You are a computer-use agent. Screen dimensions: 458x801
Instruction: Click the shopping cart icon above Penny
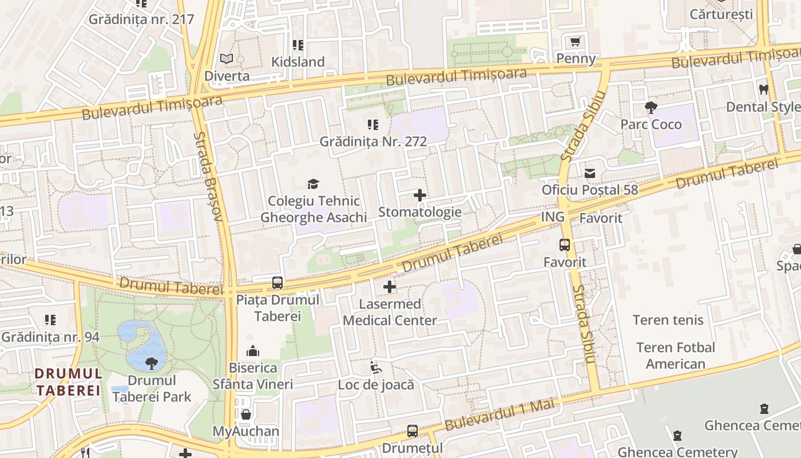coord(576,42)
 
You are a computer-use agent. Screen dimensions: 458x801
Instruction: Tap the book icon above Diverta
coord(227,59)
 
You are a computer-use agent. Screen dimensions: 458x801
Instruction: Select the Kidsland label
coord(298,62)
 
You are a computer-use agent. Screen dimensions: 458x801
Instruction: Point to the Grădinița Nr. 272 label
coord(373,141)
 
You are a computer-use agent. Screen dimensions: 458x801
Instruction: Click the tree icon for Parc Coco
coord(651,107)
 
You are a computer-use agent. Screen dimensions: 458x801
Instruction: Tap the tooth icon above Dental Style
coord(763,89)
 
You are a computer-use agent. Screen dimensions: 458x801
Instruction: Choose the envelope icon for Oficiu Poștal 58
coord(589,173)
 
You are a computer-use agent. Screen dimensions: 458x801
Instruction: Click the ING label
coord(552,217)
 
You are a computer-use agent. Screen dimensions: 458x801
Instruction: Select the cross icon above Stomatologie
coord(419,195)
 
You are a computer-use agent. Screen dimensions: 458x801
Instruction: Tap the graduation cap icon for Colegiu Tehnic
coord(313,184)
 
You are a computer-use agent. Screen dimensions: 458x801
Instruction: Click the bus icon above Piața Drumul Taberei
coord(277,282)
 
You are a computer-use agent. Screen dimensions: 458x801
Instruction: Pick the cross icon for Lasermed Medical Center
coord(390,287)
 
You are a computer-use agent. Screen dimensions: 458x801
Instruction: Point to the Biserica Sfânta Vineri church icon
coord(252,351)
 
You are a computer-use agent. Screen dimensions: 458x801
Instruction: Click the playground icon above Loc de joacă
coord(375,368)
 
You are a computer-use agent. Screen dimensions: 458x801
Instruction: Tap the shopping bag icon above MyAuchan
coord(246,414)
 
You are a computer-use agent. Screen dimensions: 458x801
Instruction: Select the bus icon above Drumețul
coord(412,431)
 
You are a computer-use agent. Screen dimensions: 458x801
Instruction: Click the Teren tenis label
coord(668,320)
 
